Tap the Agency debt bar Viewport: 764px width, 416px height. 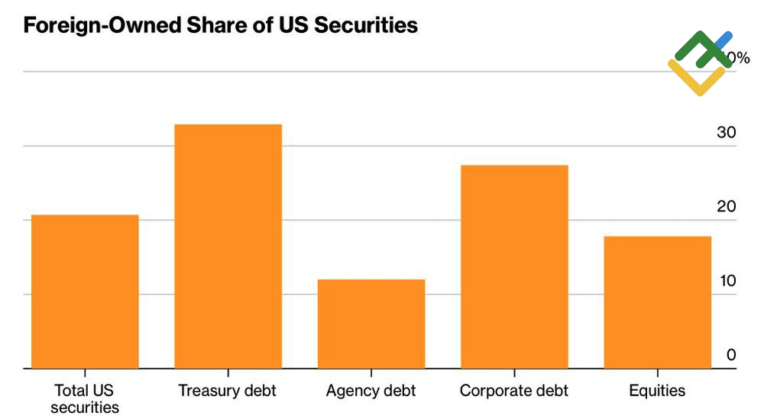[x=371, y=324]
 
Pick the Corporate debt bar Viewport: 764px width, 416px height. [x=514, y=266]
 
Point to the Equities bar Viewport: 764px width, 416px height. [x=657, y=302]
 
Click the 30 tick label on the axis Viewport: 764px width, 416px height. [x=726, y=133]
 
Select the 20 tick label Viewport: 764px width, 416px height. [x=726, y=207]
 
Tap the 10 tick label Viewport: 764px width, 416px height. [x=726, y=281]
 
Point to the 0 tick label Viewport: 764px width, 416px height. [x=731, y=355]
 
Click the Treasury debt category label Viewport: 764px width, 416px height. [x=227, y=391]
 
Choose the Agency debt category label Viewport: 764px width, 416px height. [x=371, y=391]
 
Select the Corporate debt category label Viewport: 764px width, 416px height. [x=514, y=391]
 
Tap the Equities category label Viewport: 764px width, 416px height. [x=657, y=391]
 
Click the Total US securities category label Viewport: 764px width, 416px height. [x=85, y=398]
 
